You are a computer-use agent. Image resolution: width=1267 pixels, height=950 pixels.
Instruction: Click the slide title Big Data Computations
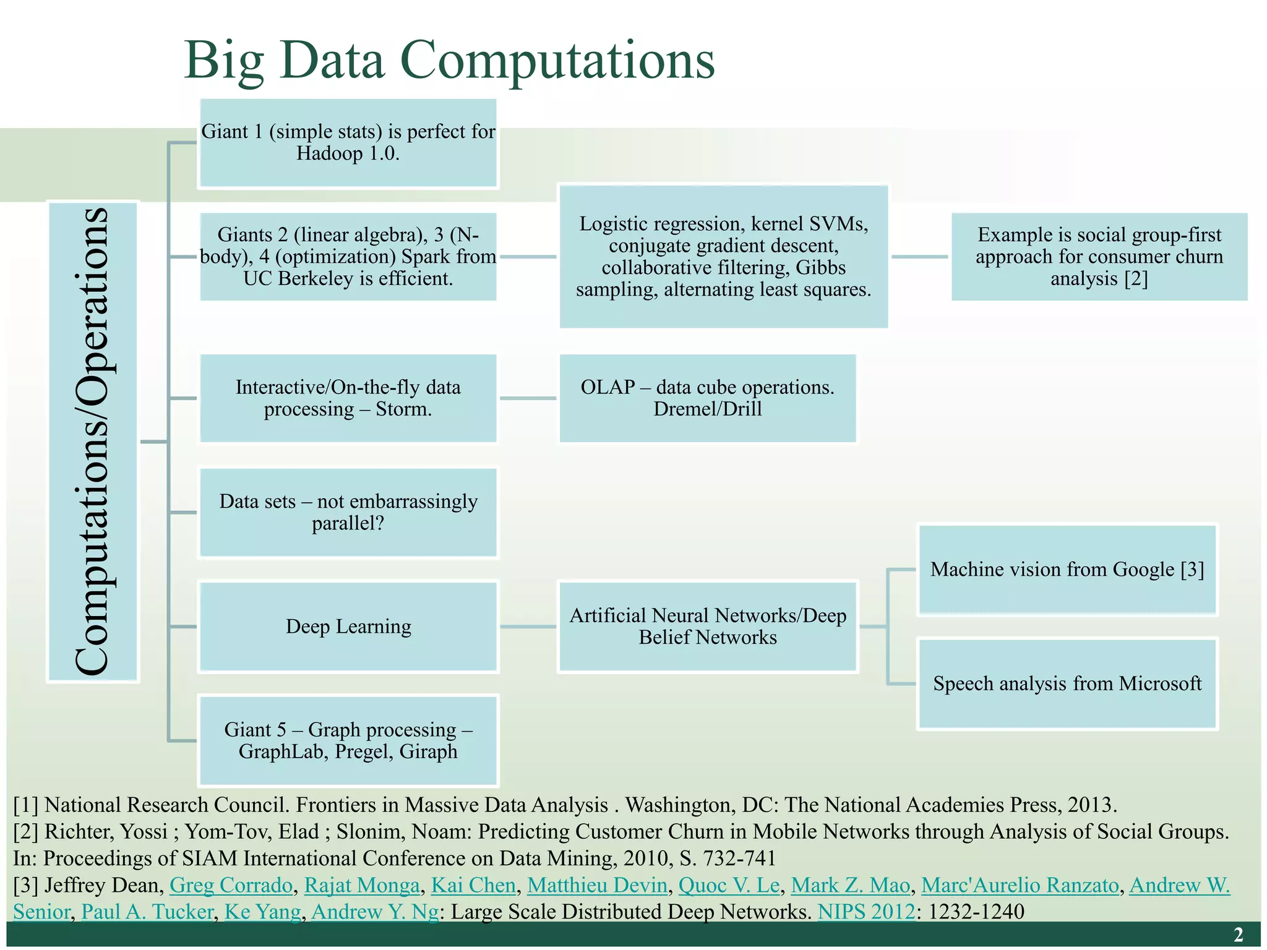pos(449,61)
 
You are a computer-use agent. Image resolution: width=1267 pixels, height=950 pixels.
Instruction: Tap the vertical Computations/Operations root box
pos(93,442)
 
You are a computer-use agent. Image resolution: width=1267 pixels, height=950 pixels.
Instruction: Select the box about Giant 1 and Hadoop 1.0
pos(348,143)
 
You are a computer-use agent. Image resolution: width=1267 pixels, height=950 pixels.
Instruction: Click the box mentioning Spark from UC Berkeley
pos(348,257)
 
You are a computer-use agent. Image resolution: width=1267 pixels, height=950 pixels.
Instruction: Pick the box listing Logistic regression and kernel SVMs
pos(723,257)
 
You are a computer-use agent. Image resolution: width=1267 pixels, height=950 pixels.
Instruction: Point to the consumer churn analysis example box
pos(1099,257)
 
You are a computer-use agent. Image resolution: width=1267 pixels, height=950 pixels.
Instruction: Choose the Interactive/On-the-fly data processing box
pos(348,398)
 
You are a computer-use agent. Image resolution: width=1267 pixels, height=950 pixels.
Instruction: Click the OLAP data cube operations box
pos(707,398)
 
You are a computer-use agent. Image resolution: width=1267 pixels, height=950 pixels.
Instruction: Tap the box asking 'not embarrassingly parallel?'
pos(348,512)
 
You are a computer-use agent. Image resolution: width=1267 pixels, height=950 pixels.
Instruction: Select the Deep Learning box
pos(348,627)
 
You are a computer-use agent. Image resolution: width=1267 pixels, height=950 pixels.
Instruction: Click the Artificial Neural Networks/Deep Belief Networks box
pos(707,627)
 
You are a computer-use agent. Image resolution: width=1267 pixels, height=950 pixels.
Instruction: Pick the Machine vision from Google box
pos(1067,570)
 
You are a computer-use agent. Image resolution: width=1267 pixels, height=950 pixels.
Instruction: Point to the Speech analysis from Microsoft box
pos(1067,683)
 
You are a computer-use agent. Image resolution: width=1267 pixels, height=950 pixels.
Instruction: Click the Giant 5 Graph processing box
pos(348,740)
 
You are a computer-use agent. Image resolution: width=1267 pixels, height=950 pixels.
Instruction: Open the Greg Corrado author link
pos(231,885)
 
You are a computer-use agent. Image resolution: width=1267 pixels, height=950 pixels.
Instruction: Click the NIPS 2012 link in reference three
pos(865,912)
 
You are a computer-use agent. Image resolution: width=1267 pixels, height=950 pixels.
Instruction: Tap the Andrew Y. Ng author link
pos(374,912)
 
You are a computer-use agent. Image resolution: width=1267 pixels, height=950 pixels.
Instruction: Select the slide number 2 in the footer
pos(1238,935)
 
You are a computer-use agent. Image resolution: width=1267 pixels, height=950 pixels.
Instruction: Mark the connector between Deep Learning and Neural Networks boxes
pos(528,627)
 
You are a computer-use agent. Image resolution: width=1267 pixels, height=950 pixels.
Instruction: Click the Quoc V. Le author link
pos(728,885)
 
